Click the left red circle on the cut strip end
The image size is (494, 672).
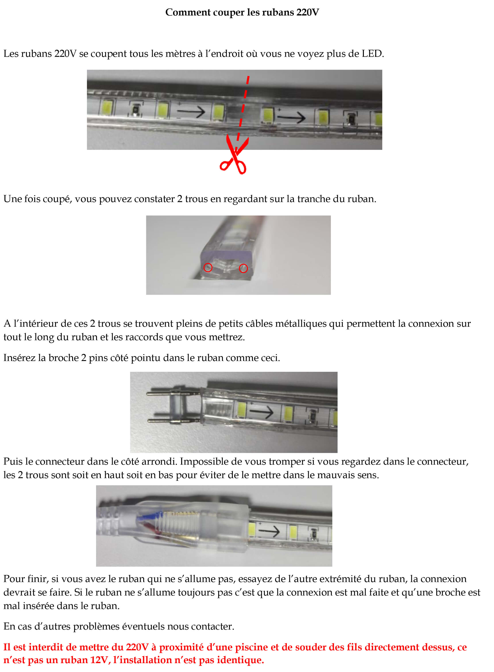pos(208,268)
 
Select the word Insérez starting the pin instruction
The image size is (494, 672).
pos(19,358)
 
